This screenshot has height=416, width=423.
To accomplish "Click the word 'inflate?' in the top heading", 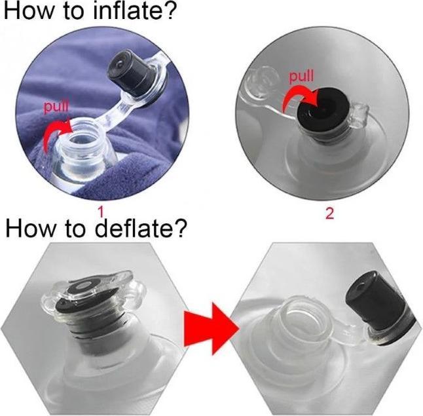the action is click(x=134, y=10).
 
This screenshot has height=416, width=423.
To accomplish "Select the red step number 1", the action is click(x=101, y=212).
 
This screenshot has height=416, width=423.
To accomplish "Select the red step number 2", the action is click(x=329, y=214).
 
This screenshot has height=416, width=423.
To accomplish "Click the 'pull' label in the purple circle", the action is click(x=56, y=106).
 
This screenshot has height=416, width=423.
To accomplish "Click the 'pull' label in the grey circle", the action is click(x=302, y=76).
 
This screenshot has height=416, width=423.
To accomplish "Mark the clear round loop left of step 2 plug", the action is click(x=262, y=80).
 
